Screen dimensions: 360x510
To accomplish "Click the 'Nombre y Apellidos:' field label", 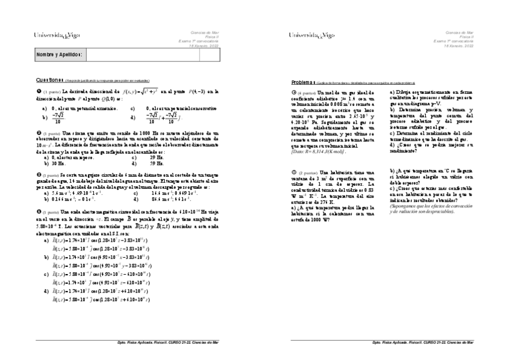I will click(59, 55).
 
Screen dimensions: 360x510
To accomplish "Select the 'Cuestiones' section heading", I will click(49, 79).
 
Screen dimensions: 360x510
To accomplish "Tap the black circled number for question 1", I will click(38, 91).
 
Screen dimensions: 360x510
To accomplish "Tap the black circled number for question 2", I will click(38, 133).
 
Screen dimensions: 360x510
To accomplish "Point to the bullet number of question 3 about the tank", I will click(38, 171).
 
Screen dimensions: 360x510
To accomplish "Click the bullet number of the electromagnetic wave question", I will click(38, 212).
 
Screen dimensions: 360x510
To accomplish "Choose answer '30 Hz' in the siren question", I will click(58, 163).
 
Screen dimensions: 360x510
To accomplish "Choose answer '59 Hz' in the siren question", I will click(156, 163).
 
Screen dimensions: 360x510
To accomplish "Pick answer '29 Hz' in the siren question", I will click(156, 157).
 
